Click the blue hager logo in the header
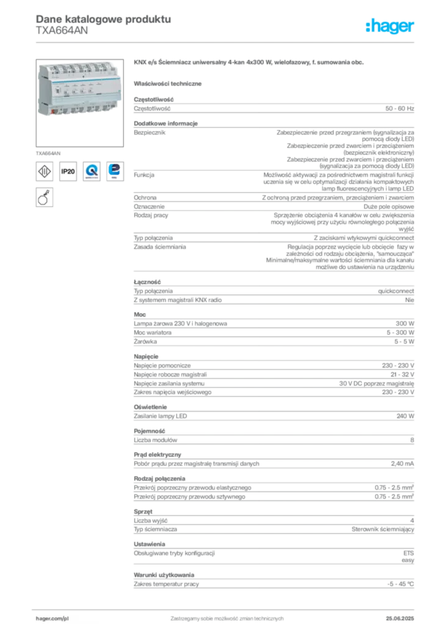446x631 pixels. pos(391,27)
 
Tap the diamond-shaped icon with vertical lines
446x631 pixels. pos(44,171)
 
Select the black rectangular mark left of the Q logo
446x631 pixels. pos(68,172)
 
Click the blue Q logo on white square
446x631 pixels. pos(92,171)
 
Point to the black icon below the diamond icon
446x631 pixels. pos(44,198)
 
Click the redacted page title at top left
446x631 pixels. pos(103,18)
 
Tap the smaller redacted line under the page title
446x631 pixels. pos(62,35)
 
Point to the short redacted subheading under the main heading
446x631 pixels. pos(169,83)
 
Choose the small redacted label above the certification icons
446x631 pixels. pos(49,150)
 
